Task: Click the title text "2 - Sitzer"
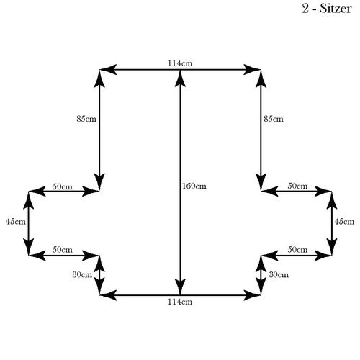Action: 327,9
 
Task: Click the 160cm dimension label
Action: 194,186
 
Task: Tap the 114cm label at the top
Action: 180,63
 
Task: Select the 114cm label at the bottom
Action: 180,302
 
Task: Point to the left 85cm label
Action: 86,119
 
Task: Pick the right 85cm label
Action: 274,119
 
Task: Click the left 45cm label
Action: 16,221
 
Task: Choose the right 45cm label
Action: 344,221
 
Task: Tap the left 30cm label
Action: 82,274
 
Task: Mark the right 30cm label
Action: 279,274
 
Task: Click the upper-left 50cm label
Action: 63,186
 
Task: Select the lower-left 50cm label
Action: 63,250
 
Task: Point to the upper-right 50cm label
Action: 297,186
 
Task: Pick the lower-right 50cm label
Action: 297,250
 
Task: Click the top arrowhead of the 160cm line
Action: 180,78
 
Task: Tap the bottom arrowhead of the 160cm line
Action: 180,287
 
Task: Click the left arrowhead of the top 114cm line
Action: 108,70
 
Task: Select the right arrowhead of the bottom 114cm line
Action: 252,295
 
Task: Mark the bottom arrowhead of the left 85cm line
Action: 99,182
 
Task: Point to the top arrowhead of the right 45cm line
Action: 332,199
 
